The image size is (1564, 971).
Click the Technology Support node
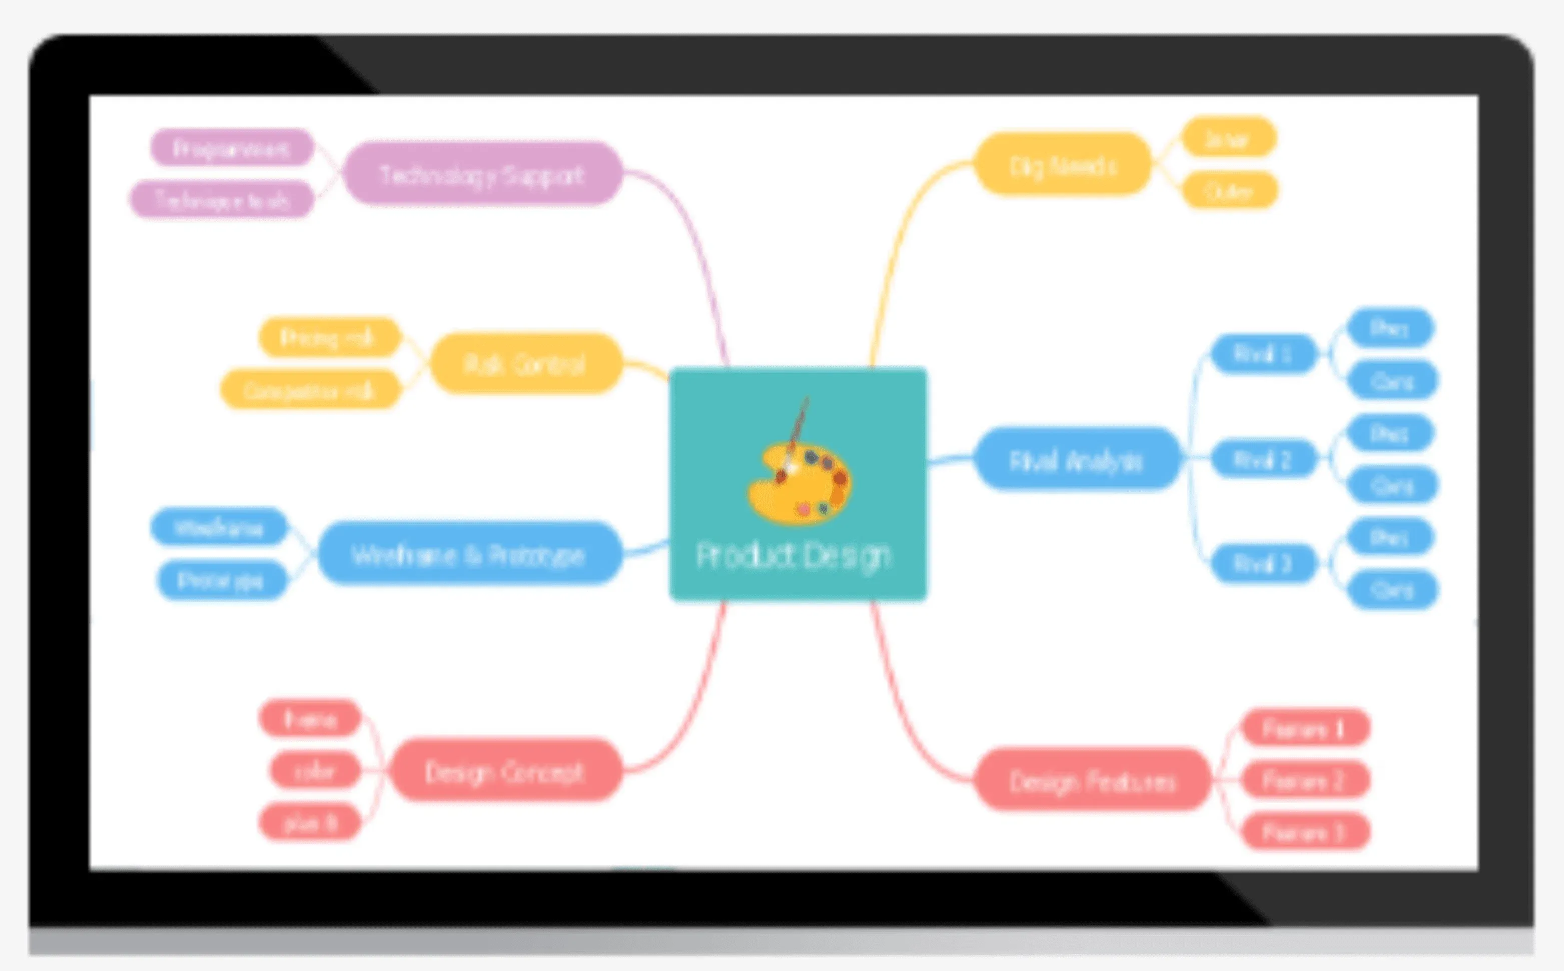(x=482, y=174)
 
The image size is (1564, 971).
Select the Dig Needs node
(x=1063, y=165)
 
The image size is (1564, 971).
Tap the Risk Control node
(x=525, y=364)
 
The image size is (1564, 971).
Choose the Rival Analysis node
(x=1077, y=460)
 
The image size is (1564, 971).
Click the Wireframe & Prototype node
(x=469, y=554)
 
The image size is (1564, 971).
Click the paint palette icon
(x=800, y=482)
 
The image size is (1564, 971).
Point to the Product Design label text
(x=794, y=555)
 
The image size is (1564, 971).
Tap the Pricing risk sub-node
(x=328, y=337)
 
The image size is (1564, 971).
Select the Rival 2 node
(x=1263, y=459)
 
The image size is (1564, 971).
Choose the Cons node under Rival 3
(x=1392, y=589)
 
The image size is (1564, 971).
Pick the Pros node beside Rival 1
(x=1389, y=328)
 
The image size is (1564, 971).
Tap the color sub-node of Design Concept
(x=315, y=770)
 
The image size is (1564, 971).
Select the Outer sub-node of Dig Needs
(x=1229, y=191)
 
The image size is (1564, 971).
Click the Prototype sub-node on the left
(x=221, y=580)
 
